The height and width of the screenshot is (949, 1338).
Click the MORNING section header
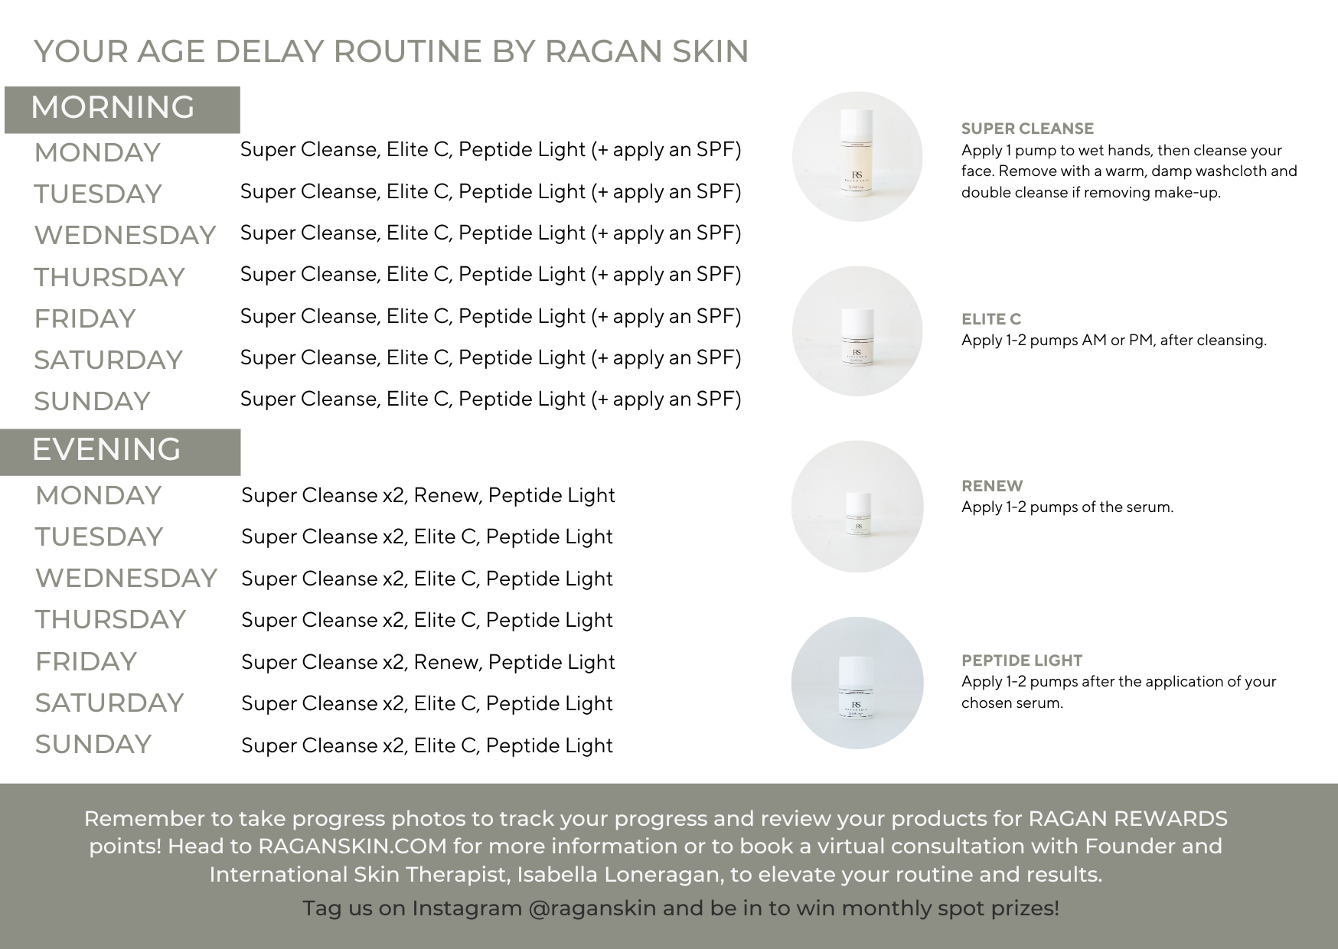pos(113,107)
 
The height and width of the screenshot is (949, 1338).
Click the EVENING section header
pos(106,449)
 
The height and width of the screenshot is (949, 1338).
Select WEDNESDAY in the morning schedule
pos(125,235)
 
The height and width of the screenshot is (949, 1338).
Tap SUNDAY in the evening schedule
pos(93,744)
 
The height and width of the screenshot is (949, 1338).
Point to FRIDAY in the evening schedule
pos(86,661)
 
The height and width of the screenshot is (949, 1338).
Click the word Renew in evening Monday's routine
pos(448,496)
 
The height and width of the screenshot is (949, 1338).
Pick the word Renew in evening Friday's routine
pos(448,662)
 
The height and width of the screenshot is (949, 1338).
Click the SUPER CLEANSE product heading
pos(1027,129)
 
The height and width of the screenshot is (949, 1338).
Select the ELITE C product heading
pos(991,319)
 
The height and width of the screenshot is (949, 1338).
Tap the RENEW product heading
pos(992,486)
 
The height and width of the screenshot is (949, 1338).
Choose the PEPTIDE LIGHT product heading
pos(1022,660)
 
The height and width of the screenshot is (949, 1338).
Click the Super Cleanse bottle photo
pos(857,157)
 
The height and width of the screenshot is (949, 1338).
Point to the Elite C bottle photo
pos(857,331)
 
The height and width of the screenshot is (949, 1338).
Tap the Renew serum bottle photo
pos(857,506)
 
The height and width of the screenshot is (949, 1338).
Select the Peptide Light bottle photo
pos(857,683)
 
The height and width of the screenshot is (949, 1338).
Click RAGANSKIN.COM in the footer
pos(352,846)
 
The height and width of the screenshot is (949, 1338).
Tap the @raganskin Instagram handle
pos(592,908)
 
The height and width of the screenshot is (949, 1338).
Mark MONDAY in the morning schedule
pos(97,152)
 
